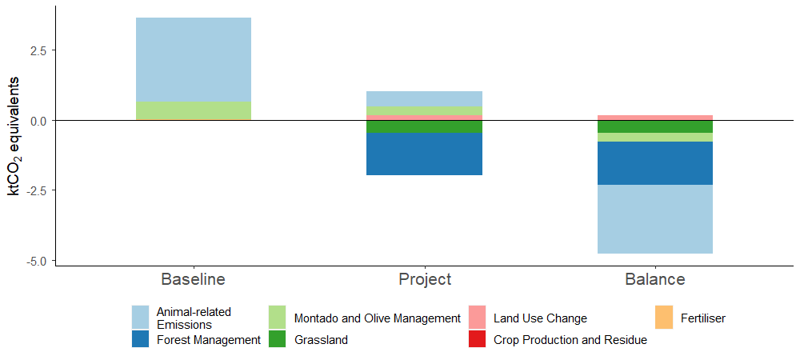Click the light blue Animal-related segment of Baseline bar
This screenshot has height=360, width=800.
[x=194, y=60]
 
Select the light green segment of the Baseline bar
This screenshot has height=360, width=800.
[x=194, y=111]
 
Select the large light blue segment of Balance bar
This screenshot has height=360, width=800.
[x=655, y=219]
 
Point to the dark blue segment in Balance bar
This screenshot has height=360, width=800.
[x=655, y=163]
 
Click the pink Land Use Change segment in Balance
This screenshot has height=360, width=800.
[x=655, y=118]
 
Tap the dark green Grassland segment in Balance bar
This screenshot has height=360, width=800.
[x=655, y=126]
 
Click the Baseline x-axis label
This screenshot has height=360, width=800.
[x=193, y=279]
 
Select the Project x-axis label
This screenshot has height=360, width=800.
[x=425, y=279]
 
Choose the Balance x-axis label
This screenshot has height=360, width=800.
[x=655, y=279]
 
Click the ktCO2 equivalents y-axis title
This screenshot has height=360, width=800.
[x=14, y=136]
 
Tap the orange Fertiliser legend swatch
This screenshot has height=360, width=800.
[x=664, y=317]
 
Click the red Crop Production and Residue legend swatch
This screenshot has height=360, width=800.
[x=478, y=339]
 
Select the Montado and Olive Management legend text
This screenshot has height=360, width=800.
[x=378, y=318]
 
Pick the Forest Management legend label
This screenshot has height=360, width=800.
[x=209, y=340]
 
